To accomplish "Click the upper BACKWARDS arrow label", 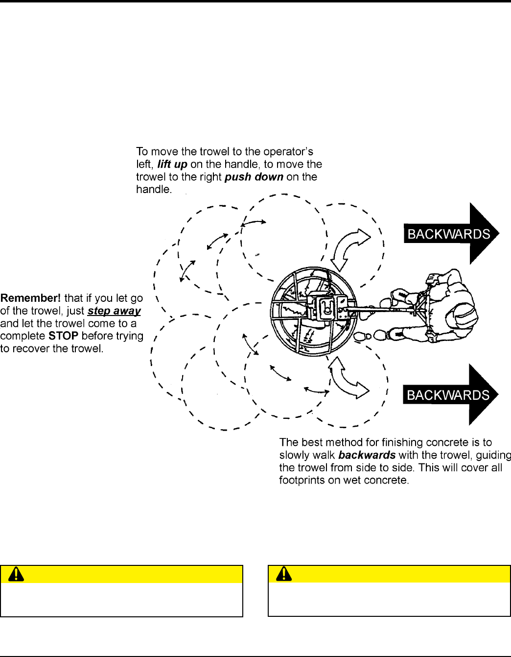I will [x=449, y=234].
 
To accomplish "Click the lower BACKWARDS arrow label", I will [x=448, y=395].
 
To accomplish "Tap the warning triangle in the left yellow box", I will [x=16, y=574].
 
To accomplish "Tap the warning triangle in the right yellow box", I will [x=284, y=574].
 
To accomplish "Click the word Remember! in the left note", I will [x=30, y=298].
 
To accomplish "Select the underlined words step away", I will [x=114, y=311].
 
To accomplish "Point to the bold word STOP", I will [x=64, y=336].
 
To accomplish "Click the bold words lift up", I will [x=172, y=165].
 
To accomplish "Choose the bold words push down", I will [x=254, y=177].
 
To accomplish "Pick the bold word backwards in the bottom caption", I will [x=367, y=455].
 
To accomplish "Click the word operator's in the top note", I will [x=288, y=152].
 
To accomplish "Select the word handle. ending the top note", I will [x=154, y=190].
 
